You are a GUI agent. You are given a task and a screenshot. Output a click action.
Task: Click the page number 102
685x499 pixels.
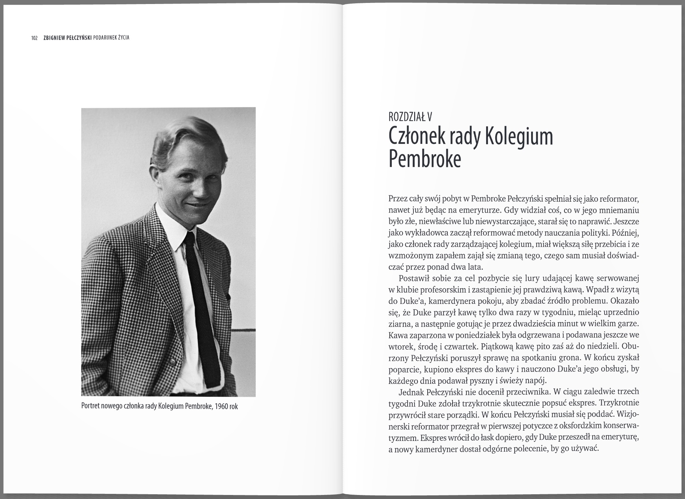(x=35, y=38)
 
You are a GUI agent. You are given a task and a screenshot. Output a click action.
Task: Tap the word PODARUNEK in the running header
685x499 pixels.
(x=107, y=38)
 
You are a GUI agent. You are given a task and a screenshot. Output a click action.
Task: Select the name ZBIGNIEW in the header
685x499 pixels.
(x=54, y=38)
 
